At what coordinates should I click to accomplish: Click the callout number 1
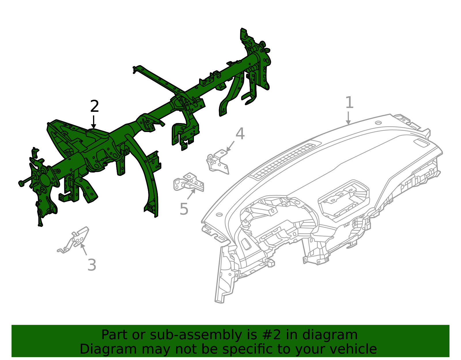tap(349, 103)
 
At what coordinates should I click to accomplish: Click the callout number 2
tap(95, 107)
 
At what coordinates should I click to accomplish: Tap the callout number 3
tap(92, 265)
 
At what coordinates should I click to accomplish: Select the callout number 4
tap(240, 134)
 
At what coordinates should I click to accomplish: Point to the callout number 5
tap(184, 209)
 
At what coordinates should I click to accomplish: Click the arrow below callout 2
tap(93, 122)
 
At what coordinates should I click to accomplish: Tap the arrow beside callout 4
tap(230, 146)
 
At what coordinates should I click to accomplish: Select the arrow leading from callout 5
tap(191, 194)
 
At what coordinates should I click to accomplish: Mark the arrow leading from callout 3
tap(84, 249)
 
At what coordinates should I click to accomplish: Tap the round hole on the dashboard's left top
tap(219, 215)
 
